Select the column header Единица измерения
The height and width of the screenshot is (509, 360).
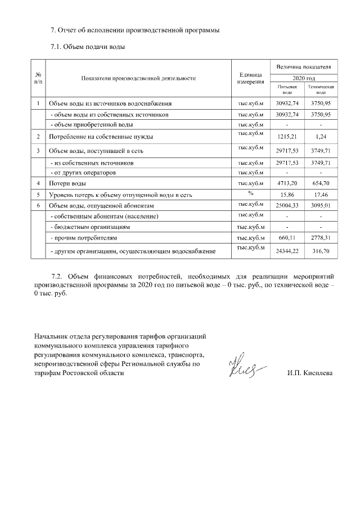click(x=251, y=78)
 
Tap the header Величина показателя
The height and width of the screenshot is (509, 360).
click(x=304, y=67)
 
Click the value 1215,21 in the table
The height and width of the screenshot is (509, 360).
click(x=287, y=137)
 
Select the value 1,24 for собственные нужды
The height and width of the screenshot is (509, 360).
click(x=321, y=137)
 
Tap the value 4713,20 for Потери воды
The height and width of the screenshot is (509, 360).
click(x=287, y=183)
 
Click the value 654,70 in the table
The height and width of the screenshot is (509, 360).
click(x=321, y=183)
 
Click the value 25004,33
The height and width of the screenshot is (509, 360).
click(x=287, y=205)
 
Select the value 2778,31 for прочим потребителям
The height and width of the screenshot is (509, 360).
click(x=321, y=238)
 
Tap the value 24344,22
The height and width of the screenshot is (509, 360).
click(x=287, y=251)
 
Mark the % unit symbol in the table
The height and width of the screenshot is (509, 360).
click(x=251, y=193)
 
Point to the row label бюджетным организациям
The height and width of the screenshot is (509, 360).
click(x=91, y=227)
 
